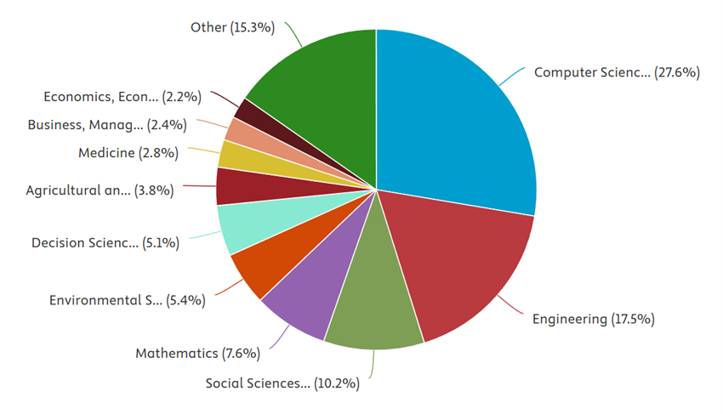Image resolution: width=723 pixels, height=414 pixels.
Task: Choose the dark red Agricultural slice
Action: [x=238, y=186]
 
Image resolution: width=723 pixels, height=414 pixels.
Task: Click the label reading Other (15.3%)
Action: [x=232, y=27]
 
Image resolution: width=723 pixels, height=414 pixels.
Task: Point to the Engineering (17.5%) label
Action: [x=593, y=320]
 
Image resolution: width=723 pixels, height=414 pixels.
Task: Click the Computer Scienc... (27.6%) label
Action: [x=617, y=73]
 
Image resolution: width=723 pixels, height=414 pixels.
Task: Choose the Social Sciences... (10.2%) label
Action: [x=282, y=383]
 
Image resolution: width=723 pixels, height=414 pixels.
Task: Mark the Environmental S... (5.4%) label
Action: [x=127, y=300]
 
